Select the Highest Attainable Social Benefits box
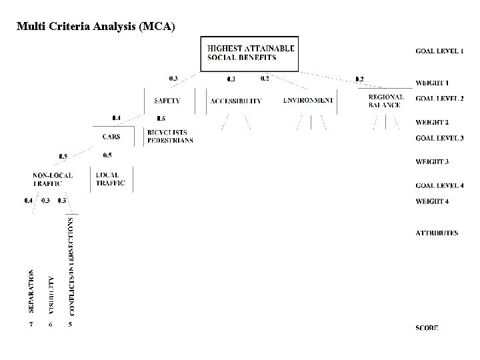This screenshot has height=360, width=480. pos(251,53)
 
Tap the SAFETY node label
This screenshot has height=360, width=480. pos(166,101)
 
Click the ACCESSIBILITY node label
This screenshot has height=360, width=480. pos(235,101)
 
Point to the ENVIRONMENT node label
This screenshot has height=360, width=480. pos(307,101)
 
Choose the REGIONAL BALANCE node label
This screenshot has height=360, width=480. pos(385,101)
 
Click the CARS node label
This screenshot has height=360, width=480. pos(111,137)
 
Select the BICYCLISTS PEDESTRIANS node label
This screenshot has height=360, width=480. pos(170,137)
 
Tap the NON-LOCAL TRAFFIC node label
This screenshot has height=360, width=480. pos(53,179)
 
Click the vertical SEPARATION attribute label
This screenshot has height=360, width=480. pos(31,291)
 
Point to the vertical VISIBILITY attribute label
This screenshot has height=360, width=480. pos(51,294)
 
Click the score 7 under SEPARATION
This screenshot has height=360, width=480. pos(31,325)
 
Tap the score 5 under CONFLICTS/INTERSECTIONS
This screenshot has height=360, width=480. pos(71,325)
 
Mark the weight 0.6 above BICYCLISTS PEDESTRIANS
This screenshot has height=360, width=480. pos(161,118)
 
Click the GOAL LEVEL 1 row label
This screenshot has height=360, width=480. pos(439,51)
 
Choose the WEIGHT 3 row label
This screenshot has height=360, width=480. pos(433,162)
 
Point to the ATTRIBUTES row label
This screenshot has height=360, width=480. pos(437,233)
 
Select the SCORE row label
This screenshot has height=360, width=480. pos(427,329)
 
